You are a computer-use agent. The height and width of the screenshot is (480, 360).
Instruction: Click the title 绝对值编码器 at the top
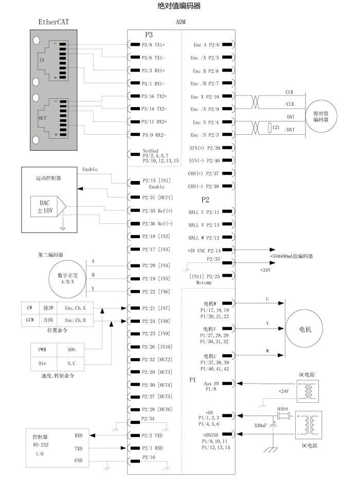click(179, 6)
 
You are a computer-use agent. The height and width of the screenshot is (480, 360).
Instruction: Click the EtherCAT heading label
click(53, 22)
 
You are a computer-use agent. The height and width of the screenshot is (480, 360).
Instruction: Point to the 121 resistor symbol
click(270, 128)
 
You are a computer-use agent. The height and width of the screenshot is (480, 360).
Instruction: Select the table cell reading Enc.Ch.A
click(75, 308)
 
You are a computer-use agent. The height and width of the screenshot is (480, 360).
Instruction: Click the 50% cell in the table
click(71, 349)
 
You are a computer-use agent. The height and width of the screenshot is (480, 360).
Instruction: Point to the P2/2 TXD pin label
click(152, 435)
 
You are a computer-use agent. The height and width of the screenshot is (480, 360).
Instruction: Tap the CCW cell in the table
click(30, 321)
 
